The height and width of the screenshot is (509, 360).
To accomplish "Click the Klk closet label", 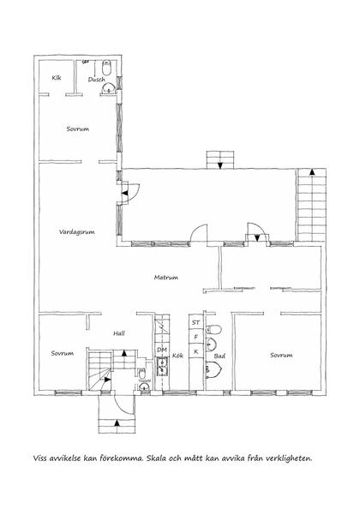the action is click(57, 78).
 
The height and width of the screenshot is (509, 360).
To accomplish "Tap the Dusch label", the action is click(96, 79).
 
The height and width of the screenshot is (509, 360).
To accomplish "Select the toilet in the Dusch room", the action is click(107, 67).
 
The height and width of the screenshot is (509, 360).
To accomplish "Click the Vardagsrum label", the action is click(77, 232).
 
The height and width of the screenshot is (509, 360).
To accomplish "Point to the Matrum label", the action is click(166, 278).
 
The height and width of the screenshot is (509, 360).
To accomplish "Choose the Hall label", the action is click(119, 333).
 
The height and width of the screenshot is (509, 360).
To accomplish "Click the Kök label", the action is click(177, 356).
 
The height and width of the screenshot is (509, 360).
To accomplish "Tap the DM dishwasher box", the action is click(162, 350).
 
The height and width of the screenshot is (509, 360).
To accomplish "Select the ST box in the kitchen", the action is click(195, 322).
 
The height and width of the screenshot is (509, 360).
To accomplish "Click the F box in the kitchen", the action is click(195, 338).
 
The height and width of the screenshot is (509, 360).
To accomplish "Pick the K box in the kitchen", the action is click(195, 351).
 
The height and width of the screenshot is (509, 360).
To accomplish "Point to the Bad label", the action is click(219, 356).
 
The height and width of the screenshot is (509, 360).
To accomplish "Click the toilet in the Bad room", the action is click(213, 330).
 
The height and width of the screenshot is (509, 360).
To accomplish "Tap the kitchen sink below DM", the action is click(162, 367).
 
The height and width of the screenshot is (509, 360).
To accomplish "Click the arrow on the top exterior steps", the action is click(220, 165).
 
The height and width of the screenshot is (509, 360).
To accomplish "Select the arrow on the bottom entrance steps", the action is click(117, 422).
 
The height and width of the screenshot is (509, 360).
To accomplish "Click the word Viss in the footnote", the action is click(40, 458).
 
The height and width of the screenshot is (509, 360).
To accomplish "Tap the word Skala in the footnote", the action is click(157, 458).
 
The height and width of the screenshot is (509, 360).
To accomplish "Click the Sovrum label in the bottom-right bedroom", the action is click(281, 355).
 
